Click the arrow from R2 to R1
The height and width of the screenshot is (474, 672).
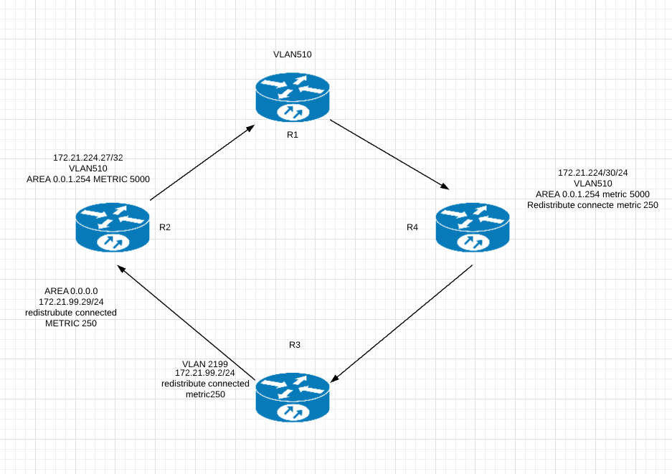coord(202,162)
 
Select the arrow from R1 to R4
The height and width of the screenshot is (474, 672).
coord(389,156)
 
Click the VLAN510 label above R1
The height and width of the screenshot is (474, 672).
coord(293,54)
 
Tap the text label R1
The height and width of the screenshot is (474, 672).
coord(292,136)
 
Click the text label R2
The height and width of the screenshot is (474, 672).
coord(164,227)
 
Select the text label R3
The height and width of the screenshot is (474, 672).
coord(294,345)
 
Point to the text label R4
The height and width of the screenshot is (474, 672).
coord(412,227)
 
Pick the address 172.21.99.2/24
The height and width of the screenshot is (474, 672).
coord(205,374)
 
